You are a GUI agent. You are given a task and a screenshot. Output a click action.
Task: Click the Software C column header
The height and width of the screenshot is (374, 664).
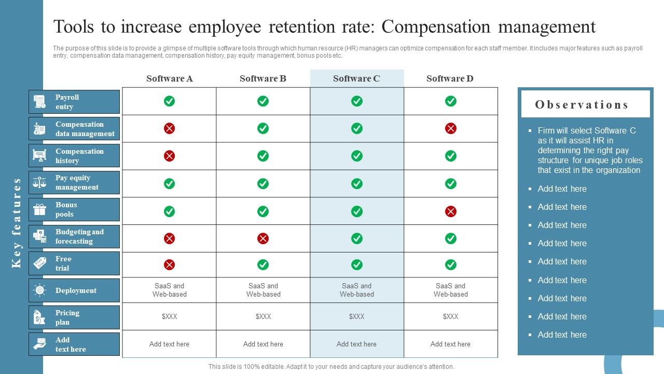point(356,78)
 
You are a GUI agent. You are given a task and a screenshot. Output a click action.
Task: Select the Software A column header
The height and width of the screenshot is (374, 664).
point(169,78)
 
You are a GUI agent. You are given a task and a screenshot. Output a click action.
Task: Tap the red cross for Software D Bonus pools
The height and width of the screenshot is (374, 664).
point(451,211)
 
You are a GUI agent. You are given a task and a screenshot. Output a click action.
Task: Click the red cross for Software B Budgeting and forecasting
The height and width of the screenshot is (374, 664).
point(263,238)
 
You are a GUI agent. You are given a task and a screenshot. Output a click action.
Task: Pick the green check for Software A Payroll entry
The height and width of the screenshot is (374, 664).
point(169,101)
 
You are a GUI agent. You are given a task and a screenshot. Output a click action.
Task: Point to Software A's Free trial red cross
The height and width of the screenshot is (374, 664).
point(169,265)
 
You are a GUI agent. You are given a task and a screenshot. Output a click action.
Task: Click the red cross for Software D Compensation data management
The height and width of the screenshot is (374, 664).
point(451,128)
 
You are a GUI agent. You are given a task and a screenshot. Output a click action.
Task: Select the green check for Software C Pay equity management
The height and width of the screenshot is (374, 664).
point(357,183)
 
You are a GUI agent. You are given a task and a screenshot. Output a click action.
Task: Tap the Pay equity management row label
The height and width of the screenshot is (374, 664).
point(77,182)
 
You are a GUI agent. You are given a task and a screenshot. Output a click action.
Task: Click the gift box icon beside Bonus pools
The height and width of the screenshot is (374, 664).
point(40,209)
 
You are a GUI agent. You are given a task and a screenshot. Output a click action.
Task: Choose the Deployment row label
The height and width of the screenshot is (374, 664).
point(76,290)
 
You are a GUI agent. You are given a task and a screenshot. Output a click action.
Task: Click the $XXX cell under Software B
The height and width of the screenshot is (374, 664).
point(263,316)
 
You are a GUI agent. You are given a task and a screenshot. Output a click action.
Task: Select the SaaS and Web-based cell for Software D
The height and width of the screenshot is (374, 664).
point(451,290)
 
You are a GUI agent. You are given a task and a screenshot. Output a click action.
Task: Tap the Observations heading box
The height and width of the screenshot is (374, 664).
point(585,104)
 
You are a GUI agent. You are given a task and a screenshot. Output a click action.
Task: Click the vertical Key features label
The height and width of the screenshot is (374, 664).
point(17,223)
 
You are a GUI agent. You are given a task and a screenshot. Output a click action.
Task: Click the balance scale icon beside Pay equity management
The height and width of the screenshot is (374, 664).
point(40,182)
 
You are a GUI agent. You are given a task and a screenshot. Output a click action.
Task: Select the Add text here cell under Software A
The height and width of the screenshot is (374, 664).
point(169,344)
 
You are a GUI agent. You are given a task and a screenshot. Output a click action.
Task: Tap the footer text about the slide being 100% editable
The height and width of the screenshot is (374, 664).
point(331,366)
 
